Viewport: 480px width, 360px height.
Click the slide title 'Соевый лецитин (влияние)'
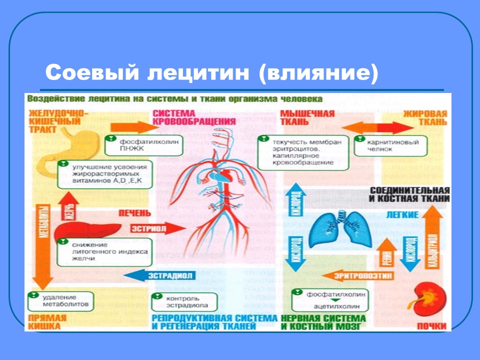(x=210, y=72)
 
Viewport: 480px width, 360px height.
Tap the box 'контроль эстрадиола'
(x=184, y=301)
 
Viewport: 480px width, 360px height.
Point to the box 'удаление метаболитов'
(x=60, y=300)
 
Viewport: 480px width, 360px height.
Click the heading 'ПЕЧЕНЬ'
(x=134, y=213)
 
